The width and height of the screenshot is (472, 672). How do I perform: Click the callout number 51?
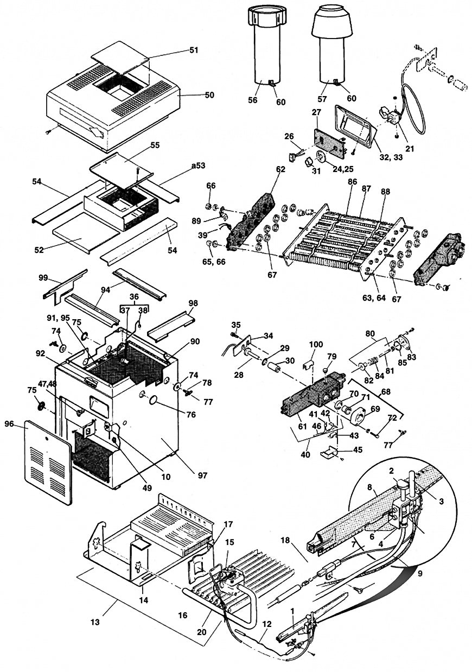(194, 50)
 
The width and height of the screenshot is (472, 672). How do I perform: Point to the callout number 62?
(279, 169)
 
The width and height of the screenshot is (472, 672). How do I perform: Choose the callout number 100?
(316, 345)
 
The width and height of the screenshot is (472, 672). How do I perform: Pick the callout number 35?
(235, 325)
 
